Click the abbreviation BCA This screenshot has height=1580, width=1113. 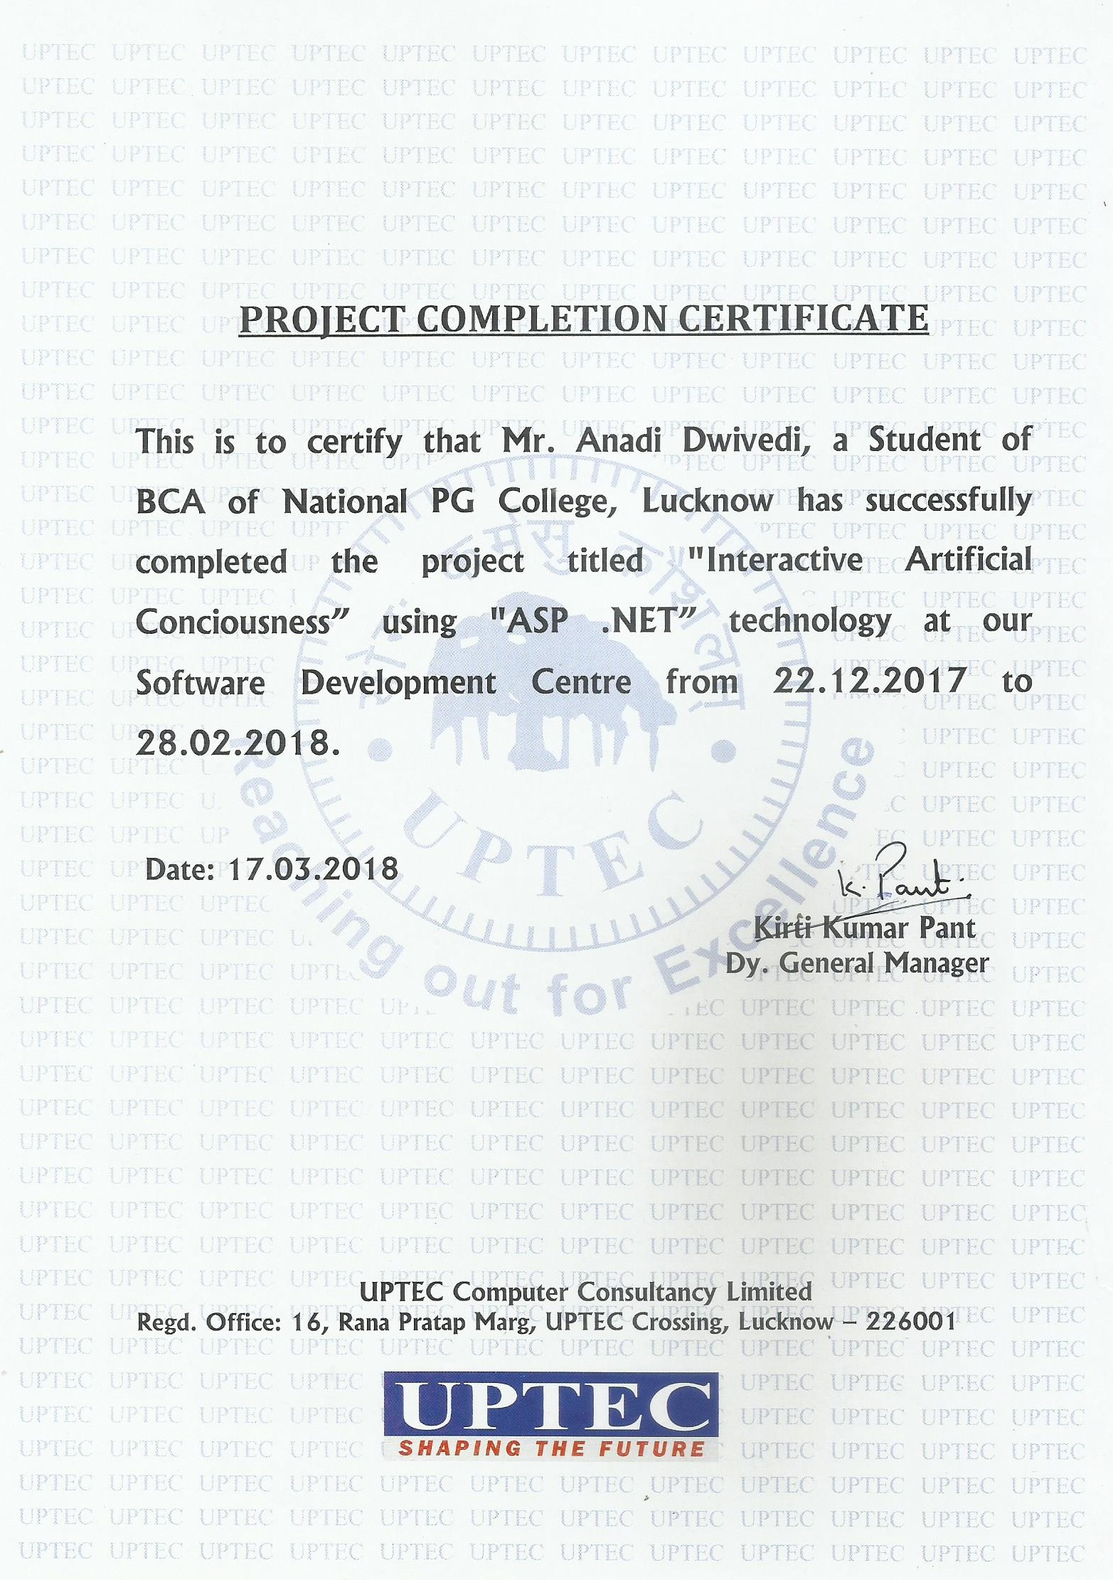point(171,502)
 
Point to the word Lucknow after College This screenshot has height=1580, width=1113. point(708,501)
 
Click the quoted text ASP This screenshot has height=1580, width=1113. point(530,621)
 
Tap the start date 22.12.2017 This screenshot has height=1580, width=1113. point(869,681)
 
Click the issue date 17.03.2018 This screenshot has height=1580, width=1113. point(313,869)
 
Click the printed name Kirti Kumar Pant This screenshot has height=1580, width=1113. point(864,928)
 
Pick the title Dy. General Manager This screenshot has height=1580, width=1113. point(857,963)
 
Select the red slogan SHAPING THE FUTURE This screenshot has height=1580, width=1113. point(551,1448)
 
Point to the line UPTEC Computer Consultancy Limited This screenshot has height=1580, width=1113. point(585,1290)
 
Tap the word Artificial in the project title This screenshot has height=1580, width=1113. point(968,560)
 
